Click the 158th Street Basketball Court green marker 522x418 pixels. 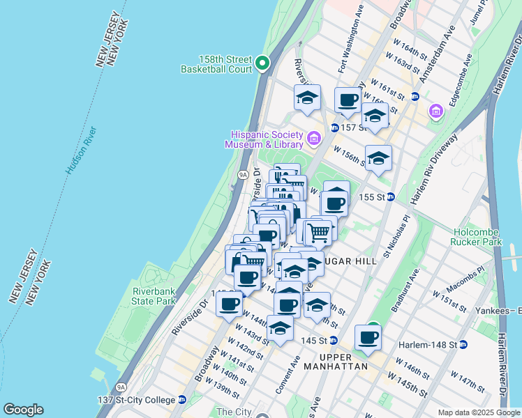(x=262, y=63)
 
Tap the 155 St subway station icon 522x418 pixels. (x=391, y=197)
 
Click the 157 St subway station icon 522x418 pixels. (x=334, y=128)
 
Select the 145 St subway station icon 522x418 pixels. (x=334, y=340)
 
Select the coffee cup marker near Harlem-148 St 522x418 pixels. (x=368, y=338)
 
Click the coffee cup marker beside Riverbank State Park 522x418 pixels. (x=230, y=303)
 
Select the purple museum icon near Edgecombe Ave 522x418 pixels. (x=436, y=111)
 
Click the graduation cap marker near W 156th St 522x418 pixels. (x=378, y=157)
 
